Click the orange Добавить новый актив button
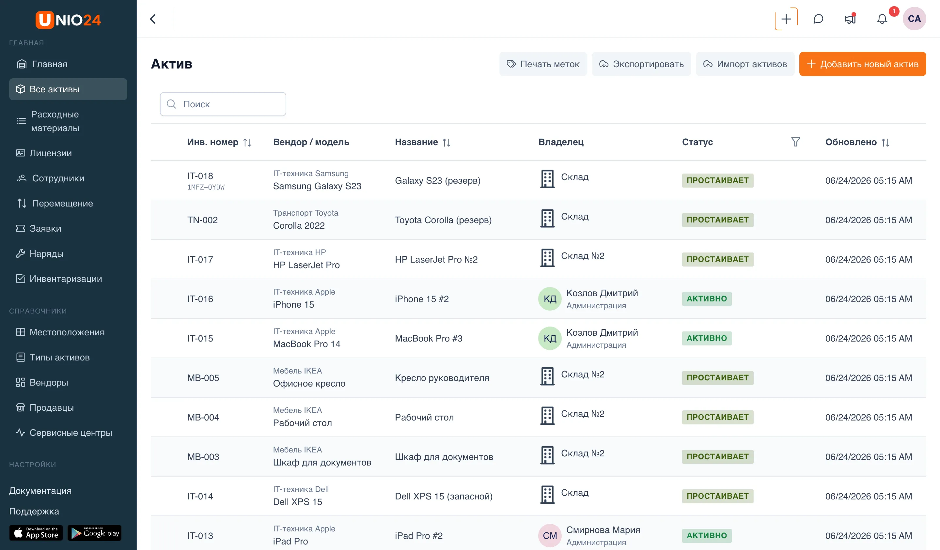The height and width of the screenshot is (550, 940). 862,64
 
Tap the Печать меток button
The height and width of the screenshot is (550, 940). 543,64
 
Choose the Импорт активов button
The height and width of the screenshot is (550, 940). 745,64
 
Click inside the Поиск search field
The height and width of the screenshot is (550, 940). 223,104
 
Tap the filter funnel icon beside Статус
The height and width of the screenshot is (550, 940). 795,142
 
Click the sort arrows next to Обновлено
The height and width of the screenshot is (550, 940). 885,143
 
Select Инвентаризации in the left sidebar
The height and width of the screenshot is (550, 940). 66,279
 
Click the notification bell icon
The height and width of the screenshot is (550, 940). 882,19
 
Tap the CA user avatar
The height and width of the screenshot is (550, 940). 914,19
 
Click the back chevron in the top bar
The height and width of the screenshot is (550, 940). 153,19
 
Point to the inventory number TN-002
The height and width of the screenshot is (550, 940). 203,220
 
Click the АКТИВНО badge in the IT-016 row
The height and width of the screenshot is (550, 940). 707,299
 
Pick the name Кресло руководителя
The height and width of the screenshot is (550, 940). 442,378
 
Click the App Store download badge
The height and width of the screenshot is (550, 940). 36,533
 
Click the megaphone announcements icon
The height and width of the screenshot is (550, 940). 850,19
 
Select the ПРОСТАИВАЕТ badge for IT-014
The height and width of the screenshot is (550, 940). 717,496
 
